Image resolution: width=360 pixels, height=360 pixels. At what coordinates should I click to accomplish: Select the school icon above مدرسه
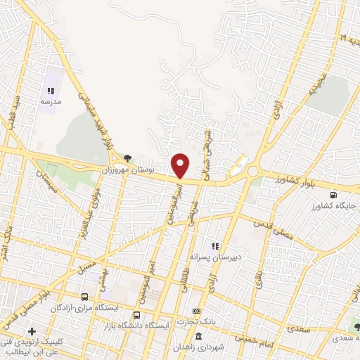point(51,91)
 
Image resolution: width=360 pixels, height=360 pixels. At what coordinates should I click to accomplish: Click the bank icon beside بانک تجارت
point(196,311)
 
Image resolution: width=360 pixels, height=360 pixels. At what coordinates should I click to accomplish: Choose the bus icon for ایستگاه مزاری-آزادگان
point(85,297)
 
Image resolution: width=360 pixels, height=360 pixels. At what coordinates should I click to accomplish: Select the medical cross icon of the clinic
point(32,331)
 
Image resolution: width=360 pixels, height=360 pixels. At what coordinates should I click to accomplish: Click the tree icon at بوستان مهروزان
point(127,158)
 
